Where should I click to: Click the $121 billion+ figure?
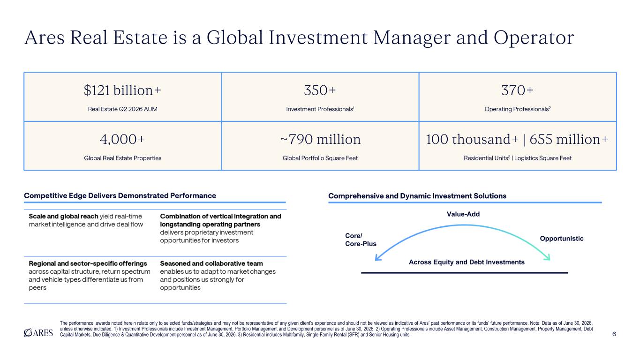point(122,90)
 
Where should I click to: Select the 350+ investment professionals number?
point(320,90)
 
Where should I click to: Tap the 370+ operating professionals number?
point(517,90)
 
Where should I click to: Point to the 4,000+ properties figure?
point(122,139)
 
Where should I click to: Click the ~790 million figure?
point(320,139)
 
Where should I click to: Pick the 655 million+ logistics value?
point(569,139)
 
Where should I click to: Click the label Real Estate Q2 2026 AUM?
point(122,109)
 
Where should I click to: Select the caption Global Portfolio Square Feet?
point(320,158)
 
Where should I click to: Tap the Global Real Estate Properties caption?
point(122,158)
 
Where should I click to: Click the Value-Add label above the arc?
point(463,214)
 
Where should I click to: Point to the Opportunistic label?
point(561,239)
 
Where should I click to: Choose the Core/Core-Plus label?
point(361,240)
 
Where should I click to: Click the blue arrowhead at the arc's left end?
point(378,258)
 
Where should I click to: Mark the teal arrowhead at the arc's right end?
point(547,257)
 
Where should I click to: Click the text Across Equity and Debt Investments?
point(467,262)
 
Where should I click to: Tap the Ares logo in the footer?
point(38,333)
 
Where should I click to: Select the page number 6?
point(614,334)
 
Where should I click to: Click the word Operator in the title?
point(534,37)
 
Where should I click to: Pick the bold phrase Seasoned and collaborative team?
point(211,263)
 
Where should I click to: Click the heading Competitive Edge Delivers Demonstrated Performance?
point(120,196)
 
